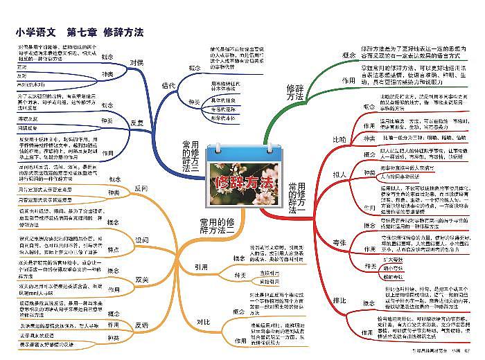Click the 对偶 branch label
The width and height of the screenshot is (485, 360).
[x=137, y=62]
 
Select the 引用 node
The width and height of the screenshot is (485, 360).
[x=201, y=266]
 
